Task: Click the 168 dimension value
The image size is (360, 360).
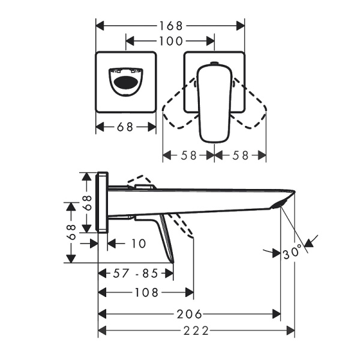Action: click(x=171, y=26)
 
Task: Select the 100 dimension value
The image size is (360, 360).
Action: click(x=170, y=41)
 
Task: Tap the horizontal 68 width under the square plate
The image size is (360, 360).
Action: click(x=126, y=127)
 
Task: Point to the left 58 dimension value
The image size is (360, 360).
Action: click(x=188, y=154)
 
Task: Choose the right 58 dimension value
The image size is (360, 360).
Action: click(x=240, y=154)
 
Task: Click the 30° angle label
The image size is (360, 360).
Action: click(x=293, y=253)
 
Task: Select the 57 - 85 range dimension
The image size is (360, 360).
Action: click(x=136, y=274)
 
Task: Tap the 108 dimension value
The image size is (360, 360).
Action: click(x=146, y=293)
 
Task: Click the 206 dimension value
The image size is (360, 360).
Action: click(x=190, y=314)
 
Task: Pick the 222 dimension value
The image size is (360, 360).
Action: click(x=196, y=331)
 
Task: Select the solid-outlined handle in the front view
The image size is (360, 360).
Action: click(x=214, y=102)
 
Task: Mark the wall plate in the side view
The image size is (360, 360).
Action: click(x=103, y=202)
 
